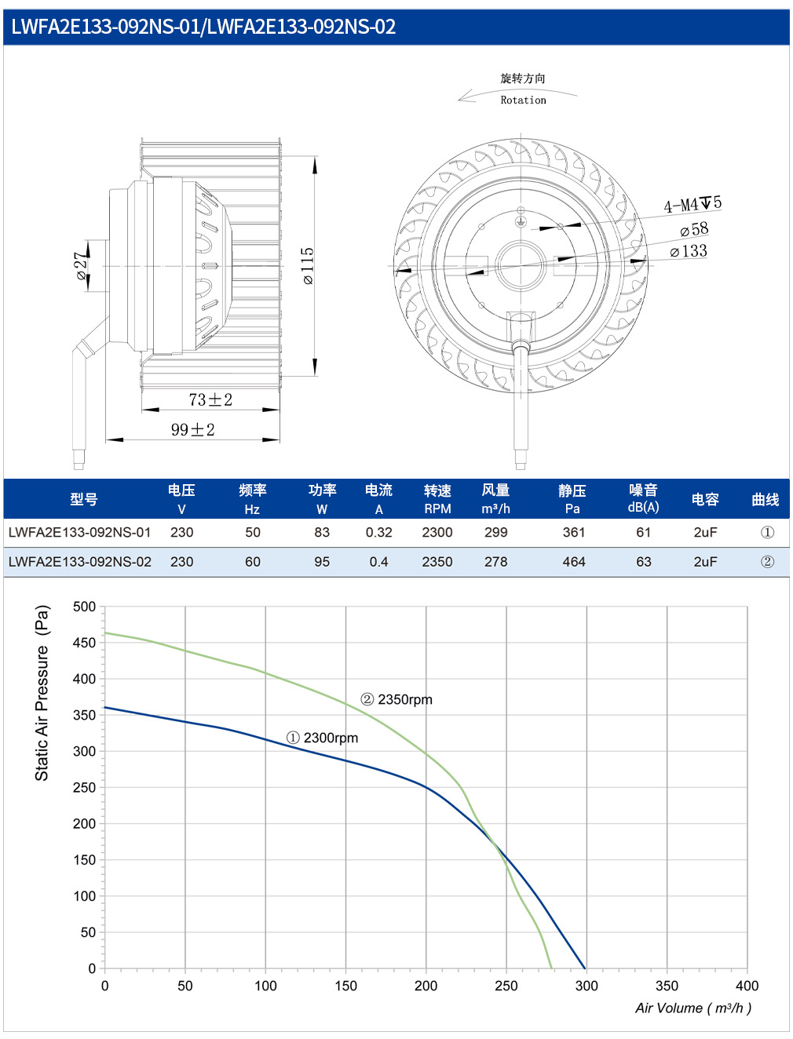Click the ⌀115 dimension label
point(308,265)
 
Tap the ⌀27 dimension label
point(81,265)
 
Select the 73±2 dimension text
point(210,399)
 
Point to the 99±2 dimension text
point(192,429)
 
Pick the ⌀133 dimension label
point(689,251)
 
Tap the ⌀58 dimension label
point(694,230)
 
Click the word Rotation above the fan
point(523,100)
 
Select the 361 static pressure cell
point(574,532)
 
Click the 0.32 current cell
point(378,532)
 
